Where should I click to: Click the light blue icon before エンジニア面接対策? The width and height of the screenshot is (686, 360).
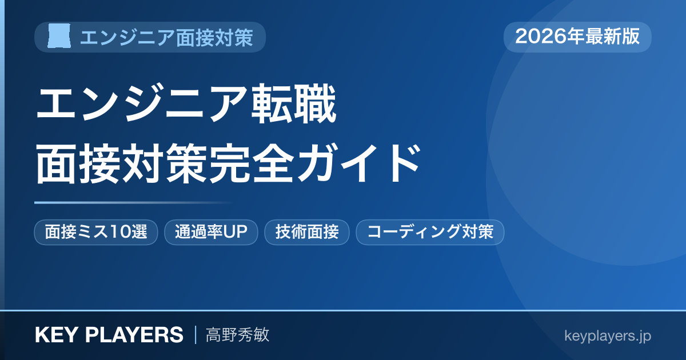click(59, 36)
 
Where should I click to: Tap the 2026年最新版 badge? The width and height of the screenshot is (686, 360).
click(577, 37)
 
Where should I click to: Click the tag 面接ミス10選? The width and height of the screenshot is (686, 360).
click(96, 232)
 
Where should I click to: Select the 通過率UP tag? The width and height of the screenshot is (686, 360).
click(211, 232)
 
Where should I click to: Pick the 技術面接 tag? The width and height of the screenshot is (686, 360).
click(307, 232)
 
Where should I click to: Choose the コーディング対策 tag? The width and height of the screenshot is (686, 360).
click(430, 232)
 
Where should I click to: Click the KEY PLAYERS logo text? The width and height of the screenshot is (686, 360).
click(109, 335)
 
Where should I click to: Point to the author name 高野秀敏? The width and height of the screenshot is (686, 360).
click(237, 335)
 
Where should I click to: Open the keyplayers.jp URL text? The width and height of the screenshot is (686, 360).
click(608, 336)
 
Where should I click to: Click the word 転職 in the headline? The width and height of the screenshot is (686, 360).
click(294, 104)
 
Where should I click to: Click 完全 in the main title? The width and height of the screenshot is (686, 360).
click(251, 163)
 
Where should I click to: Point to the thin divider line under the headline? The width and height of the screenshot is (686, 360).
click(134, 202)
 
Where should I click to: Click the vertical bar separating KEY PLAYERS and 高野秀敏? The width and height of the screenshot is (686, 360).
click(196, 335)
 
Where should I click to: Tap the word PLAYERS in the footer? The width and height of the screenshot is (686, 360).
click(134, 335)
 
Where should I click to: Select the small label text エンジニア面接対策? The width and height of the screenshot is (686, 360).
click(166, 37)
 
